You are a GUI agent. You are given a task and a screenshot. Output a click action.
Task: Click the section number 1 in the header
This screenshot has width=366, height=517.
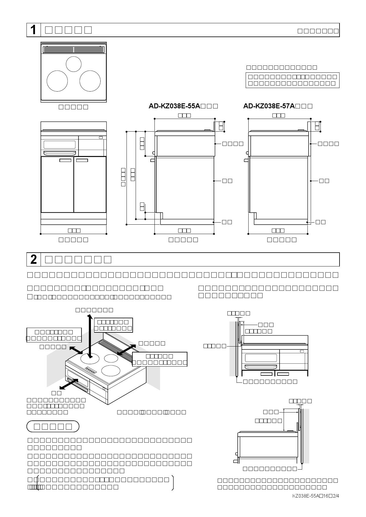click(x=34, y=30)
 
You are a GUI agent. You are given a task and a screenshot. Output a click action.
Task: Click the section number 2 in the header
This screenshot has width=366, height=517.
click(x=34, y=259)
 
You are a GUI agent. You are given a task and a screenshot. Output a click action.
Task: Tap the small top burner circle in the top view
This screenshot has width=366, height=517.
click(x=74, y=64)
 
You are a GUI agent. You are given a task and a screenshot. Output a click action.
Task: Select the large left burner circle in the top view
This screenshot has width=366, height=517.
click(x=57, y=81)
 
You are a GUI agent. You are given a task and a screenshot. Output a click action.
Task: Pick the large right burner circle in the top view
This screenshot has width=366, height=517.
click(x=90, y=81)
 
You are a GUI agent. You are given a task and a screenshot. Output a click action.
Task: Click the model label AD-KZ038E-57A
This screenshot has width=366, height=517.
click(x=269, y=106)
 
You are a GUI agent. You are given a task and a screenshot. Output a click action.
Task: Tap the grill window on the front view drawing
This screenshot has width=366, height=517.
click(x=59, y=145)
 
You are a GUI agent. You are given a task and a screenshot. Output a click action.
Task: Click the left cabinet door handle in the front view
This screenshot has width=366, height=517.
click(x=65, y=160)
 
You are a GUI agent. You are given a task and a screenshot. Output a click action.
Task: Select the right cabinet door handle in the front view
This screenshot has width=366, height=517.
click(x=82, y=160)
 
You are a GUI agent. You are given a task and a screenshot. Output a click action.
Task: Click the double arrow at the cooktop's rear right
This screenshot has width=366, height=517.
click(x=127, y=350)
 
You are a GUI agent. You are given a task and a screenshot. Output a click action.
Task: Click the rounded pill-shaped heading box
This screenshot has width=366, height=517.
click(x=53, y=426)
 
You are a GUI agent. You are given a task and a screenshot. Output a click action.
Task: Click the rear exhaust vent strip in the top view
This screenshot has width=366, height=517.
click(x=74, y=49)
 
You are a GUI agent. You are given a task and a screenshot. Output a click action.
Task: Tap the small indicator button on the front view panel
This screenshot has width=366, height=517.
click(x=101, y=137)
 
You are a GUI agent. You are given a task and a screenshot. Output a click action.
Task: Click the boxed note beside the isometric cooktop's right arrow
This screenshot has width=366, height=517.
click(x=159, y=359)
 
